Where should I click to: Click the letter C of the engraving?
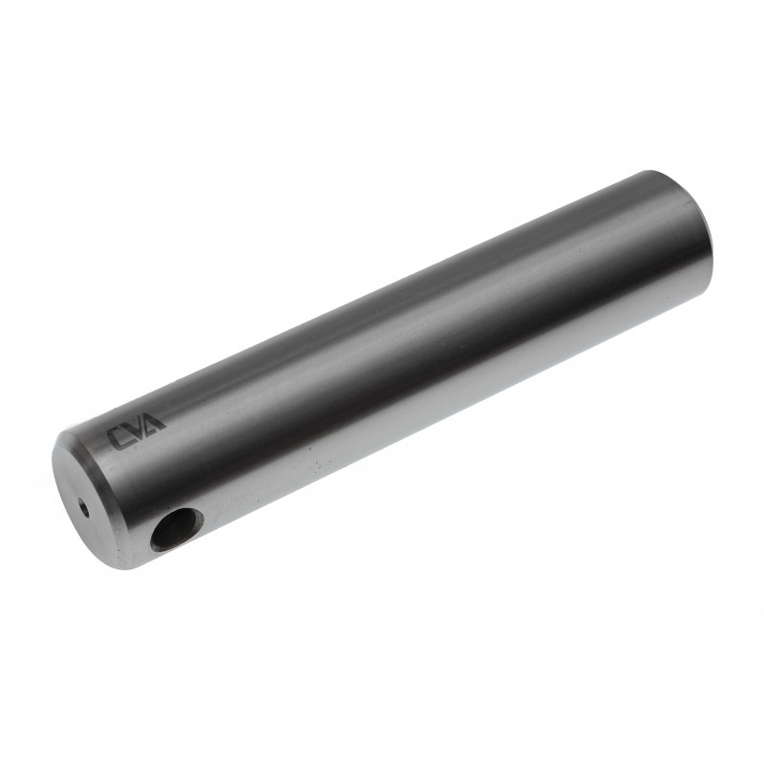tap(119, 438)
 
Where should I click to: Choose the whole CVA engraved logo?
tap(137, 432)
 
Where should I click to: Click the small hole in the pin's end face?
tap(84, 507)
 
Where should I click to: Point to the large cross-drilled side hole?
tap(177, 529)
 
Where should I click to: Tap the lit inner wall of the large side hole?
tap(187, 522)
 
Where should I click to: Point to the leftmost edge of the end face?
tap(54, 468)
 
